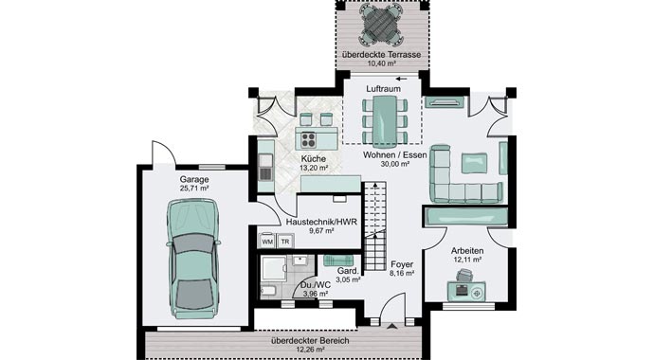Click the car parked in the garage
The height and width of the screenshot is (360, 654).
click(x=193, y=259)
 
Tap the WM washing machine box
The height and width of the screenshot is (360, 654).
click(x=267, y=242)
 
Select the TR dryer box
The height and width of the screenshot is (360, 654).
click(x=285, y=242)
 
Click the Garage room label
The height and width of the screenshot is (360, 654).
click(x=194, y=180)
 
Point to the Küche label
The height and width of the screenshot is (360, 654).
click(x=314, y=159)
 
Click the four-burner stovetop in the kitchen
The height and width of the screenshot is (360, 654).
click(x=309, y=139)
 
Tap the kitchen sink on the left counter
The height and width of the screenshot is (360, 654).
click(x=265, y=167)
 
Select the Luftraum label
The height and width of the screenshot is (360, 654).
click(x=383, y=89)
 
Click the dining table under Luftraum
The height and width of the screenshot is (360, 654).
click(x=384, y=121)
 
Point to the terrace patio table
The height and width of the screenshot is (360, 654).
click(x=379, y=25)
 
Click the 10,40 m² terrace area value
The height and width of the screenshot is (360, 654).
click(x=382, y=63)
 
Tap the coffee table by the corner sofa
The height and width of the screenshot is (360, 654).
click(x=474, y=163)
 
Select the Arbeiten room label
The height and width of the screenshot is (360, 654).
click(x=467, y=251)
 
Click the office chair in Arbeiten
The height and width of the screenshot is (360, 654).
click(x=464, y=275)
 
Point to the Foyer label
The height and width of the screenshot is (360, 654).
click(x=402, y=264)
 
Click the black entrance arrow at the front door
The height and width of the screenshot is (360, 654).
click(x=391, y=326)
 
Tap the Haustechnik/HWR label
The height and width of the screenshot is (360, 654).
click(x=321, y=222)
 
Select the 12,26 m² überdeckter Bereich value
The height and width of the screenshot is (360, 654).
click(x=310, y=350)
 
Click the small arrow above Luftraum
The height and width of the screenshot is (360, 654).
click(x=401, y=79)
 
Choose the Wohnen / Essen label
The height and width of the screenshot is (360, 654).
click(x=395, y=155)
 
